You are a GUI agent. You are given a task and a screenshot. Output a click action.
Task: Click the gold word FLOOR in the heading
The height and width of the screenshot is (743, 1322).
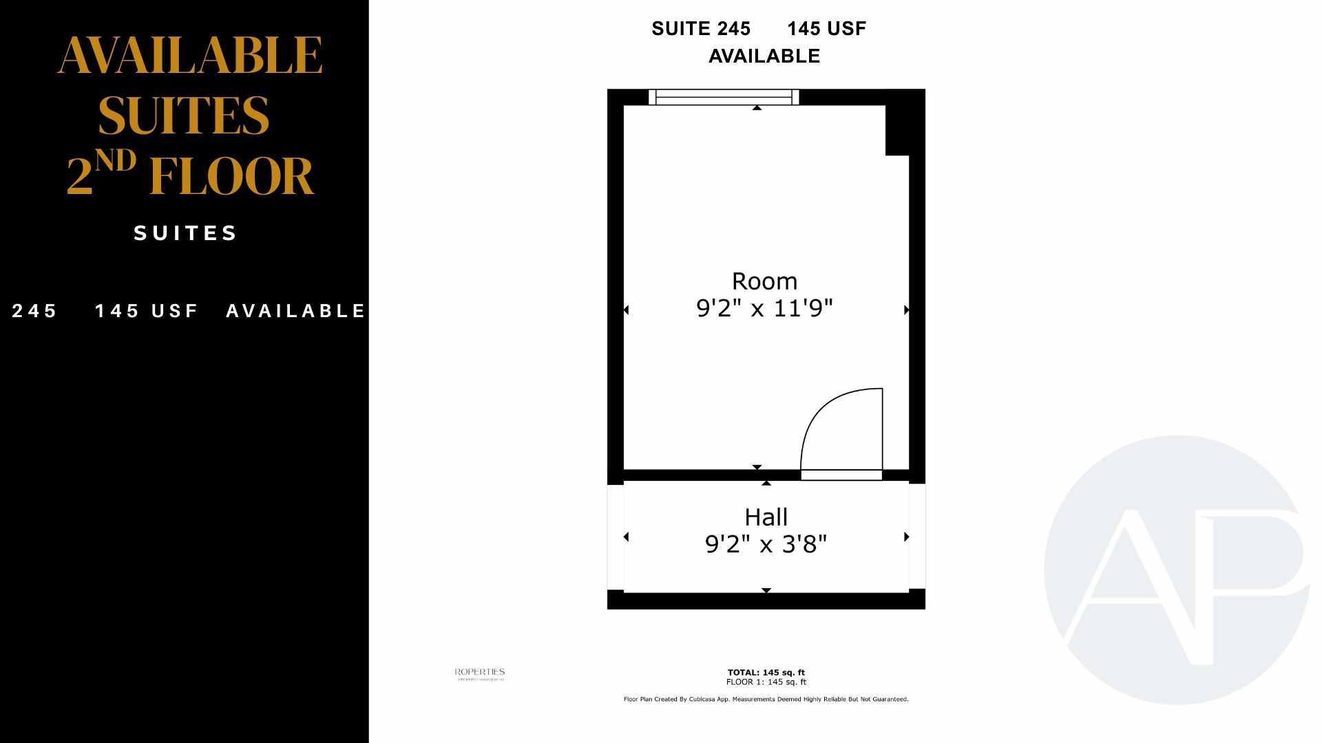231,177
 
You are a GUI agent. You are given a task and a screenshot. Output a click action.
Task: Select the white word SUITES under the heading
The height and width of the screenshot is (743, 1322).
186,233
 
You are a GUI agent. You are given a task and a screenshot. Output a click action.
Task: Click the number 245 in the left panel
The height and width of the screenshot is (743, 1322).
34,311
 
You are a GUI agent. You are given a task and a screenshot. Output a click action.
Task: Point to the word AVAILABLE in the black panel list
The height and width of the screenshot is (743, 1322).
296,311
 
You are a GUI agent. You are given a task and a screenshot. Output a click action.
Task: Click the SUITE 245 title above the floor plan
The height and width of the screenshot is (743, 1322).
701,29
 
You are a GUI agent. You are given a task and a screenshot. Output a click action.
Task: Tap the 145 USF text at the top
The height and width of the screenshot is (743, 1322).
826,29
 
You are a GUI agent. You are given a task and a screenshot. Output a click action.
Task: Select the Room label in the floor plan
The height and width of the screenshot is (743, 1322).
764,281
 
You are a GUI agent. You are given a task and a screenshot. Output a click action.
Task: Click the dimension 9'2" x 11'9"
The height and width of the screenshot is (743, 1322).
764,308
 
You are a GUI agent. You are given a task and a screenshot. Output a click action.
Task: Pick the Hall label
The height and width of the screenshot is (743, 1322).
766,517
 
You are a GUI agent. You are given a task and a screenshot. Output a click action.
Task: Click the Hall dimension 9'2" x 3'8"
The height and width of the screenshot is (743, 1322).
766,545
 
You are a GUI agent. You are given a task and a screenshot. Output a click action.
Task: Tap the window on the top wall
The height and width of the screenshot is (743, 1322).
724,98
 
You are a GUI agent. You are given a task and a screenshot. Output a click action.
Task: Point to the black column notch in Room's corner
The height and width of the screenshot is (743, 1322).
896,131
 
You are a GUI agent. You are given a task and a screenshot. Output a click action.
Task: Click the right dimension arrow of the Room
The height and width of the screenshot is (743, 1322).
906,310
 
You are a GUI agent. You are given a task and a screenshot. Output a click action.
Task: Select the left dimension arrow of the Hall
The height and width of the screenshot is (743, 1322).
626,537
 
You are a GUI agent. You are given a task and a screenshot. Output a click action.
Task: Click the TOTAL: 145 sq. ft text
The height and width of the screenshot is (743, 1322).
766,673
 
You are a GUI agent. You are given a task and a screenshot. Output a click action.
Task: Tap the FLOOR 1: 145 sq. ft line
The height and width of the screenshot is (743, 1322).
766,682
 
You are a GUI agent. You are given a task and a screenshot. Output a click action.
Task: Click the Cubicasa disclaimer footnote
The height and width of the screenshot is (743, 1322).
766,700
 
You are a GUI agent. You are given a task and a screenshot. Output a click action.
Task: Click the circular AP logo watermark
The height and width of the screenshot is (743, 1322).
1176,570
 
